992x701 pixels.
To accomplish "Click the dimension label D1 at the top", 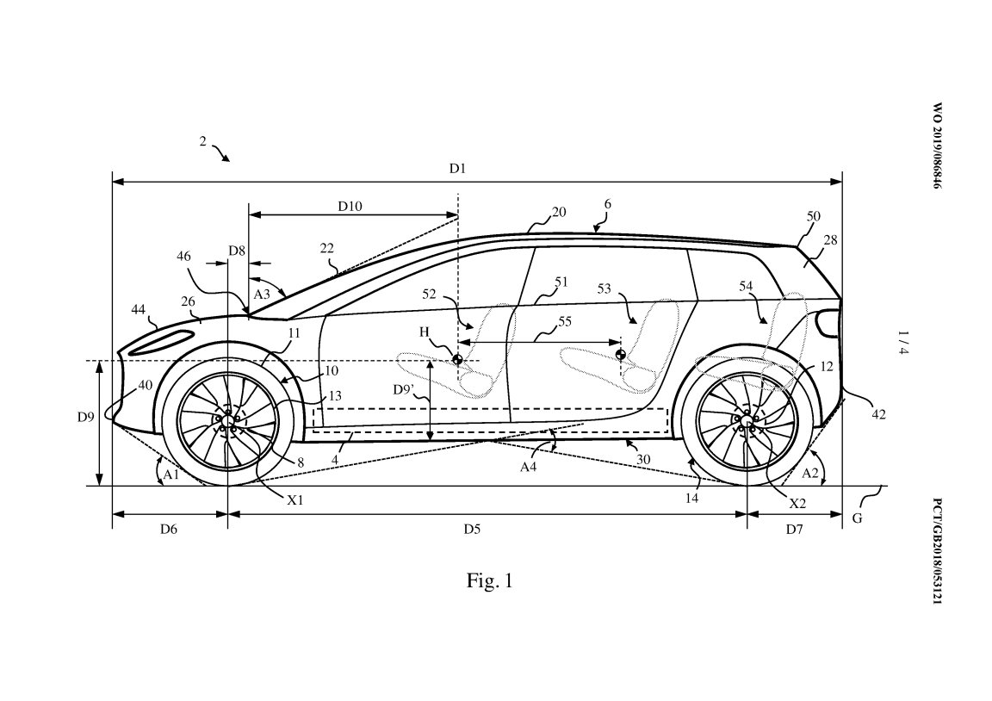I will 457,169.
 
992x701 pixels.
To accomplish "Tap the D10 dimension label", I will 350,206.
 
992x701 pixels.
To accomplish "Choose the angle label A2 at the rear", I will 809,473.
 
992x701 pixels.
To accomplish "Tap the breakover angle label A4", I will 530,466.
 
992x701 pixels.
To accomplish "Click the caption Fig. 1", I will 489,581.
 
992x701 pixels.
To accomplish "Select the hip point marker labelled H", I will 457,358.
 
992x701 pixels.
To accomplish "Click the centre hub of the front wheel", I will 227,420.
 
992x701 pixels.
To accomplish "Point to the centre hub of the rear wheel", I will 746,420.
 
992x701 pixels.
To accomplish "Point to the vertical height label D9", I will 84,419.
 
